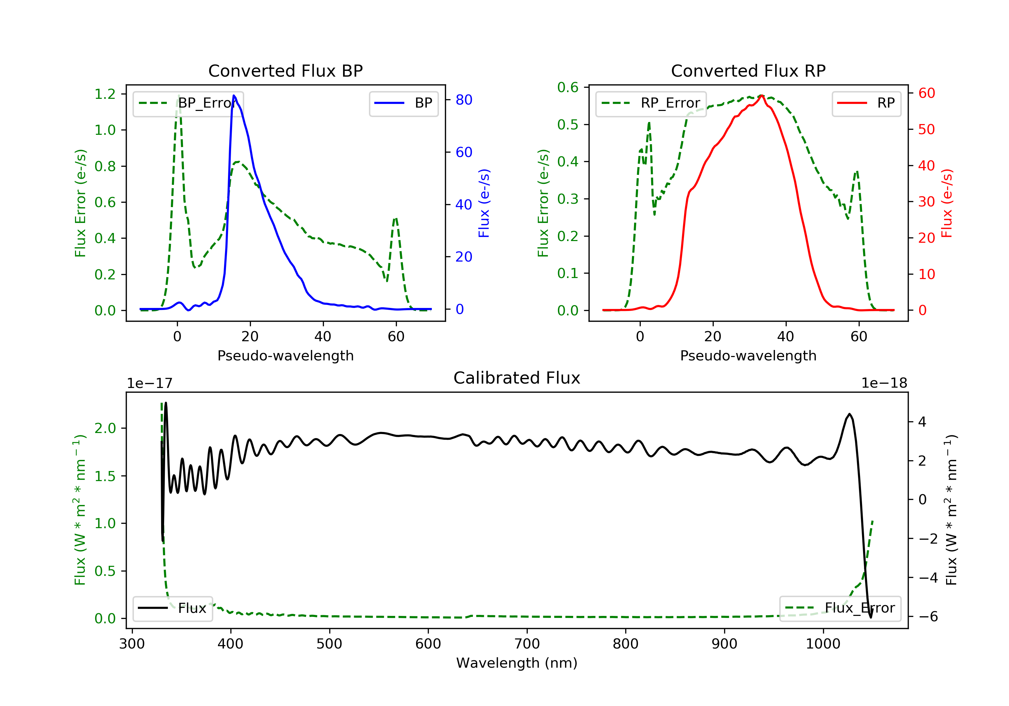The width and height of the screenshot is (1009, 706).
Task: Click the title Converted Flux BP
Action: pos(285,71)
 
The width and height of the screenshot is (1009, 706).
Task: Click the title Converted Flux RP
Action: pos(748,71)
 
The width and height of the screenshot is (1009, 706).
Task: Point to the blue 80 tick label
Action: pos(463,100)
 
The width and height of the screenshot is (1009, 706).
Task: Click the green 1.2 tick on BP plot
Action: pos(105,94)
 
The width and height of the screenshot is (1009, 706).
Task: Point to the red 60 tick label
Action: pos(926,93)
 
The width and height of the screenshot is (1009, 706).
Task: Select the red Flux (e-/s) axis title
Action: pos(946,203)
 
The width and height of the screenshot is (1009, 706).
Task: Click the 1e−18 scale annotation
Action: pos(884,383)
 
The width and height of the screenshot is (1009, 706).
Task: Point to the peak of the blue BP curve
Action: pos(234,95)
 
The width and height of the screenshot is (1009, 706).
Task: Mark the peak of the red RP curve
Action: pos(761,95)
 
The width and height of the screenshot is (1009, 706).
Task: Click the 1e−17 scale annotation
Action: pos(149,383)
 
